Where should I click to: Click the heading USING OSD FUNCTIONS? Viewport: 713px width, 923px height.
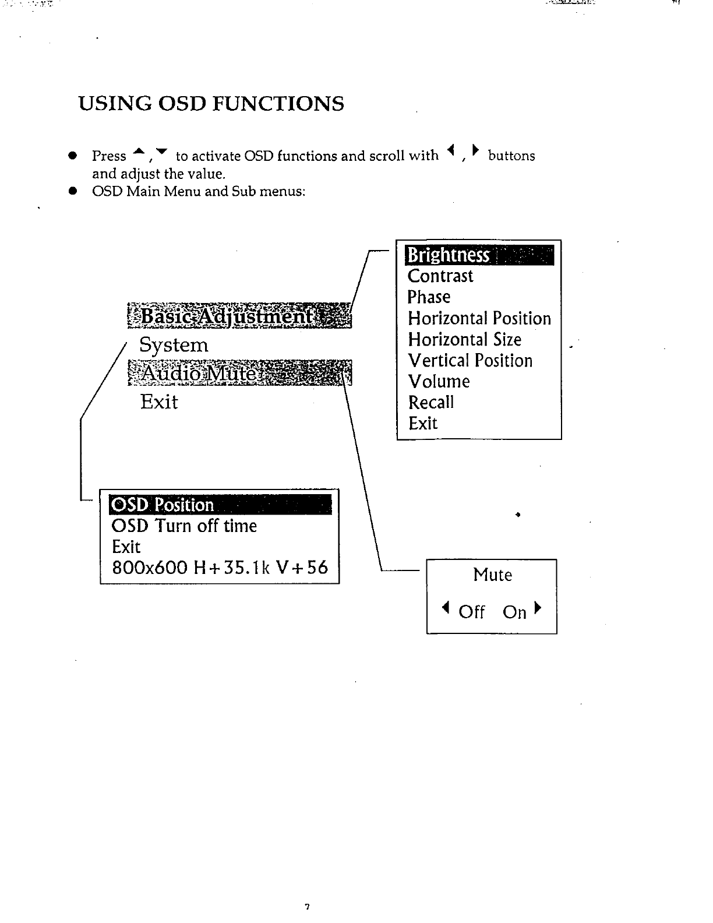point(211,104)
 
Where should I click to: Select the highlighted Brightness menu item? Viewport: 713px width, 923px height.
point(449,255)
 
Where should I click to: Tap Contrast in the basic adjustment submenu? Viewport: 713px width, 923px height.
point(440,276)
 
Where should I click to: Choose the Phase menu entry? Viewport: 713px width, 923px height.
point(429,297)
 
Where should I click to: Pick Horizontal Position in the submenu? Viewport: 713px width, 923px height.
point(479,319)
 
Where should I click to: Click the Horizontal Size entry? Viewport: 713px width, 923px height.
point(465,340)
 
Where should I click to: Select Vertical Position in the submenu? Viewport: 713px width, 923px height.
point(471,361)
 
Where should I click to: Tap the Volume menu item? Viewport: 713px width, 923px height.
point(439,382)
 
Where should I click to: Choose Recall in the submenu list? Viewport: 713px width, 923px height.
point(431,403)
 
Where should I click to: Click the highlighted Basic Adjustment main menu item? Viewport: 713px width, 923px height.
point(239,316)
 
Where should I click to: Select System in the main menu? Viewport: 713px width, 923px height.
point(174,345)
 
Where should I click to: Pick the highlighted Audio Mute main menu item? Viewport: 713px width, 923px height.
point(239,373)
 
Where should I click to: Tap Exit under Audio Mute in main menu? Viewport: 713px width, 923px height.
point(159,402)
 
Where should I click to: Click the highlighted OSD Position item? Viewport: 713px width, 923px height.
point(164,505)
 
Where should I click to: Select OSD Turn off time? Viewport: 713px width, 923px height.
point(184,526)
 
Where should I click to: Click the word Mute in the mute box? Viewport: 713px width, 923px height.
point(493,575)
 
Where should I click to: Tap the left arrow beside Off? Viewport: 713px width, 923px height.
point(446,610)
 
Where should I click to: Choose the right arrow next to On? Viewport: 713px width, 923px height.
point(538,610)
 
